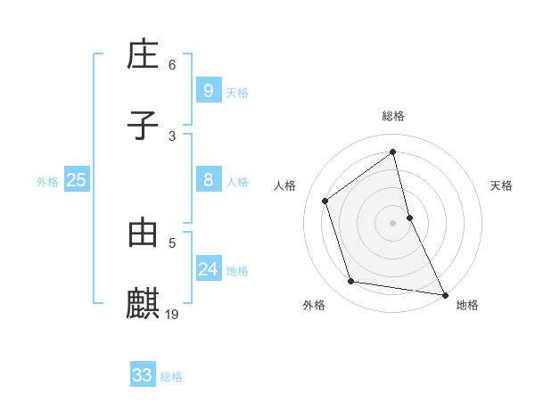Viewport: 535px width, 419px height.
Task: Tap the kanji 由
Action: click(x=143, y=233)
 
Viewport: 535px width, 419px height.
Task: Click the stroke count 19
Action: click(x=173, y=314)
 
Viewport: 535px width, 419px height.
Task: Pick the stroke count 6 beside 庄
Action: click(x=172, y=65)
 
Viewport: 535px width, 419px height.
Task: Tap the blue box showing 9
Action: click(x=208, y=90)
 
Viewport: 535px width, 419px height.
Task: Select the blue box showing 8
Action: click(x=208, y=180)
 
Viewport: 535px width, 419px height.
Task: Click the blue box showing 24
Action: click(x=208, y=268)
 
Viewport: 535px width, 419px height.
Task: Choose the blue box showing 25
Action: click(x=76, y=180)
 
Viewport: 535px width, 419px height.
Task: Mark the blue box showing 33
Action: click(x=142, y=375)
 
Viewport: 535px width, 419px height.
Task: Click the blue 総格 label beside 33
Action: click(x=171, y=377)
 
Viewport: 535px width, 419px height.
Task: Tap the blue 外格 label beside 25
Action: click(x=47, y=182)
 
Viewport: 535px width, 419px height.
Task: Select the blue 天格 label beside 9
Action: click(x=237, y=92)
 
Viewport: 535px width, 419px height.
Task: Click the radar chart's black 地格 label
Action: click(x=467, y=305)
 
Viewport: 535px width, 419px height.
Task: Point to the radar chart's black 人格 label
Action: click(x=285, y=185)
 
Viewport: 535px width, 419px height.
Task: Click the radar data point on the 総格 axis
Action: click(x=393, y=152)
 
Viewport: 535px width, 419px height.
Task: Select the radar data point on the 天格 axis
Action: click(x=409, y=217)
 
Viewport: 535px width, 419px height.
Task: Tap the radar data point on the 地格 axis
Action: click(x=444, y=294)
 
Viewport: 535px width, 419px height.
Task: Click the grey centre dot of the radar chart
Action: click(x=393, y=222)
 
